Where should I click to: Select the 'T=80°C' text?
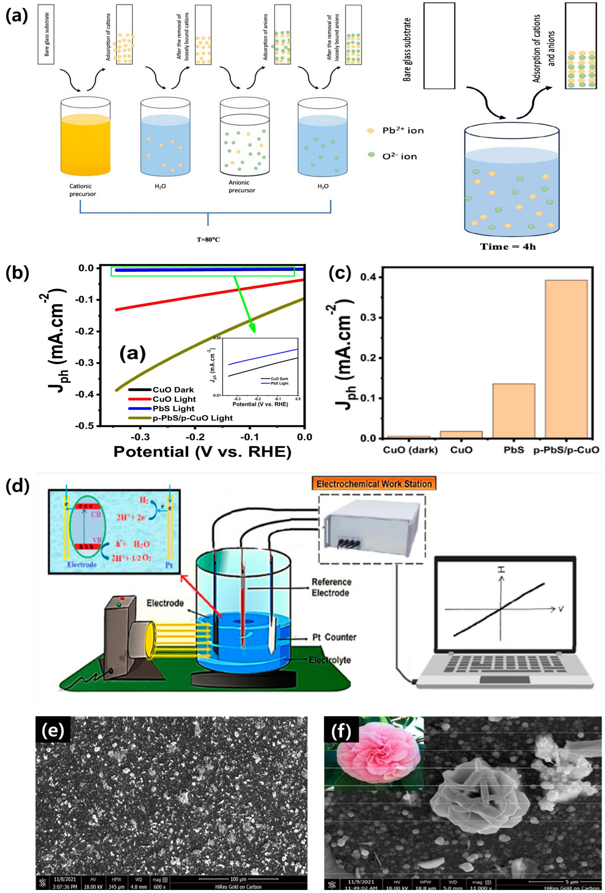click(x=208, y=239)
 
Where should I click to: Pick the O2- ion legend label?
click(x=399, y=156)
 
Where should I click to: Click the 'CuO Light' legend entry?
click(x=174, y=399)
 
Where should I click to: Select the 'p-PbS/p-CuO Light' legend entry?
click(x=192, y=418)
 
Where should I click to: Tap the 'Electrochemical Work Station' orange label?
click(x=374, y=484)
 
